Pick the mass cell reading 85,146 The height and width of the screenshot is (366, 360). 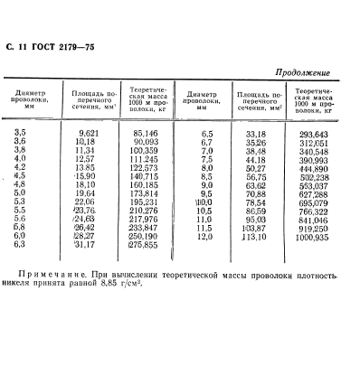coord(145,133)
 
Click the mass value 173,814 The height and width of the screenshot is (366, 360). coord(145,193)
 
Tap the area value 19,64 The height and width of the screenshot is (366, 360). coord(84,193)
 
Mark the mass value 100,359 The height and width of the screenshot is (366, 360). coord(145,150)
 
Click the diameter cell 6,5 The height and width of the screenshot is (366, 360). coord(204,134)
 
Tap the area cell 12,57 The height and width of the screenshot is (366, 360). coord(84,159)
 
